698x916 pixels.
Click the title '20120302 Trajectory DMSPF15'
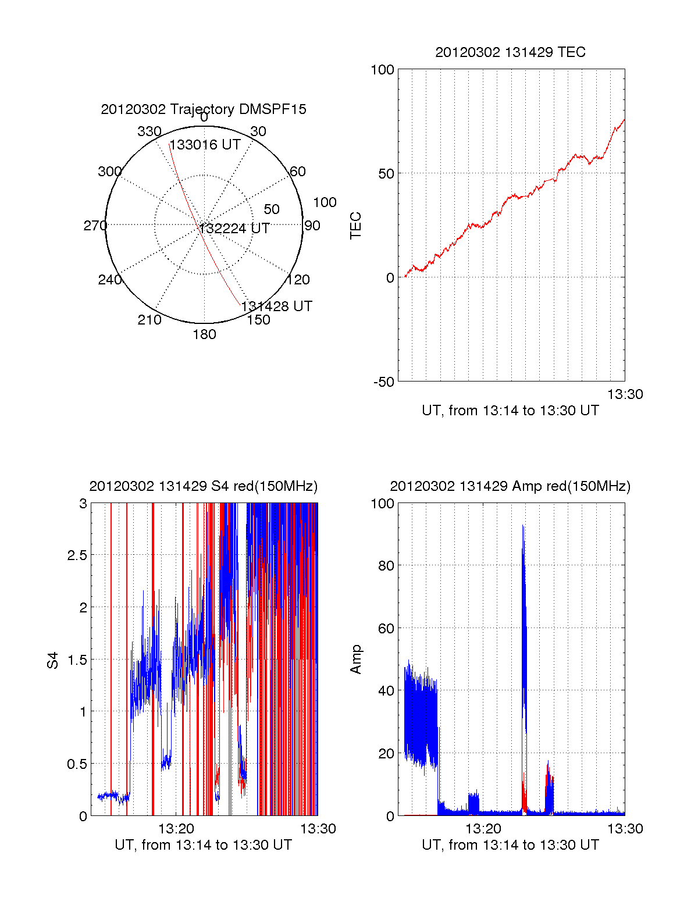click(204, 109)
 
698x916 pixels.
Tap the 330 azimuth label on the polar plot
click(149, 131)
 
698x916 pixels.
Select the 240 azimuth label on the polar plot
click(109, 280)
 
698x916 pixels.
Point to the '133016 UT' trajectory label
click(205, 145)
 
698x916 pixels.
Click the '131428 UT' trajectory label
click(277, 306)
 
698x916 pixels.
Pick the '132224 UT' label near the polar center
click(234, 229)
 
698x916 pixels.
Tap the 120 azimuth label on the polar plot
click(298, 280)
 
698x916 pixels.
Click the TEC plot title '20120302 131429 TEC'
click(510, 52)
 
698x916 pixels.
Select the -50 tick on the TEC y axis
click(384, 382)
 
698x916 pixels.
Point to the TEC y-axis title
click(355, 226)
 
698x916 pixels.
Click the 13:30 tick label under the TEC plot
click(625, 394)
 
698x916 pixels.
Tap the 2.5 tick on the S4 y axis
click(77, 555)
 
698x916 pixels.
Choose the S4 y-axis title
click(53, 660)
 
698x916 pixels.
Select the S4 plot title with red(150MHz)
click(204, 486)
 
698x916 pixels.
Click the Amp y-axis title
click(355, 660)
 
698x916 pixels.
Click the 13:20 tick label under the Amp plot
click(483, 829)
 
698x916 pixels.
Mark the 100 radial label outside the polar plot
click(325, 202)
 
